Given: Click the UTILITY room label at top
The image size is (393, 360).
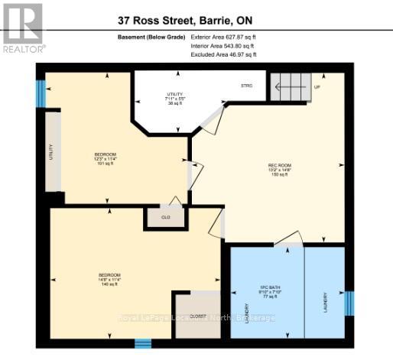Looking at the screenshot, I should pos(161,98).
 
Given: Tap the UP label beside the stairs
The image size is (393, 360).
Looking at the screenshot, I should pos(317,87).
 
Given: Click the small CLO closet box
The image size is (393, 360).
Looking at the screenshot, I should pos(165,217).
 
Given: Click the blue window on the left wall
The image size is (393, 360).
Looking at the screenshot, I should pos(41,92).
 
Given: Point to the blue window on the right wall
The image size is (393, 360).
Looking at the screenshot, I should pos(348,302).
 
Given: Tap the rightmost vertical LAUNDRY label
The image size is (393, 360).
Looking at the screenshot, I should pos(325,300).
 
